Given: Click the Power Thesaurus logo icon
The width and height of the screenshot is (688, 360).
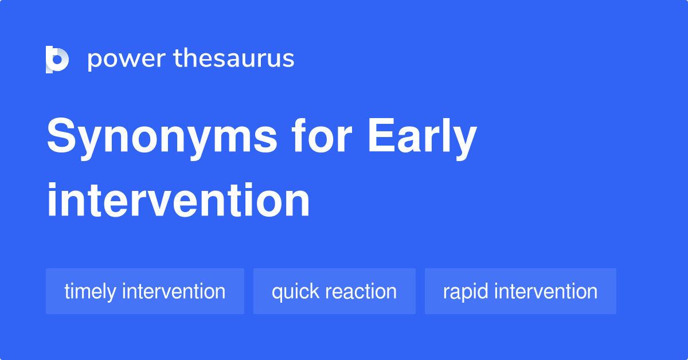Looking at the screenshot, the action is (x=57, y=60).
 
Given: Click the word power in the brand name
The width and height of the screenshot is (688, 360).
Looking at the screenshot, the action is (x=127, y=60).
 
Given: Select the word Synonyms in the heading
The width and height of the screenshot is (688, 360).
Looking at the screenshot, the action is (x=162, y=138).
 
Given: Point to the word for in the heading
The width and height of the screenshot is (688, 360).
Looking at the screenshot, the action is (x=322, y=135).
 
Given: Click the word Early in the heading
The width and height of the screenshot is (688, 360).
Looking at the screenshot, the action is (x=423, y=138).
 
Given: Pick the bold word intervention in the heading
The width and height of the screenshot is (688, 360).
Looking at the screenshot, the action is (x=178, y=199).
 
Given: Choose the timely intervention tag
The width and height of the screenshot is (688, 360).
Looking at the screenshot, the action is (x=145, y=291).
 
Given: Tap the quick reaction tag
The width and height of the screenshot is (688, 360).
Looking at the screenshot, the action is (x=334, y=291).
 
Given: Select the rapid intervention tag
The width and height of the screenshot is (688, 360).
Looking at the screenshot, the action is (x=521, y=291).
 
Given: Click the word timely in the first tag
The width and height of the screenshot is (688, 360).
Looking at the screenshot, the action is (x=91, y=292).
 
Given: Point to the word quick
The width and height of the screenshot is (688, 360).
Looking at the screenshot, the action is (x=295, y=292).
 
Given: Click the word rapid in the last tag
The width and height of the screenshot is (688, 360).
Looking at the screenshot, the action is (x=466, y=292).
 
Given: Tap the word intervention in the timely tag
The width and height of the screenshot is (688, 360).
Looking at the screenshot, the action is (x=174, y=291).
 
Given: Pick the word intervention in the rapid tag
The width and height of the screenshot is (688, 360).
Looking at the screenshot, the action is (x=546, y=291).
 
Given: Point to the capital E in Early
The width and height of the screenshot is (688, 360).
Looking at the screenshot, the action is (x=381, y=135).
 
